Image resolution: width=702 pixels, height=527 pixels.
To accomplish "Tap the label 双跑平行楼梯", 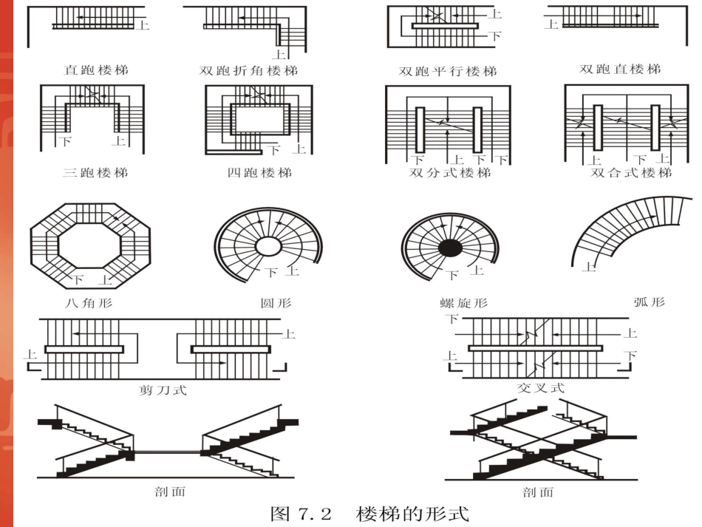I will coord(448,72).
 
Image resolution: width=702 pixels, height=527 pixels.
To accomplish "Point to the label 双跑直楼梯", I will coord(620,69).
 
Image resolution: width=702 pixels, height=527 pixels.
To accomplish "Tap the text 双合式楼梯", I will coord(631,172).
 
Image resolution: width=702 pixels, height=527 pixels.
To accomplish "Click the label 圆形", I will coord(266,302).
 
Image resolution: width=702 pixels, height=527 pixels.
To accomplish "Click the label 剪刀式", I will coord(163,389).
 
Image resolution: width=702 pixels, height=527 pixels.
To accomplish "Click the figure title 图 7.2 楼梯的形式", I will coord(369,513).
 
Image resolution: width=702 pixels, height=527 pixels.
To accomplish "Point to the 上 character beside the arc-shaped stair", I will coord(589,267).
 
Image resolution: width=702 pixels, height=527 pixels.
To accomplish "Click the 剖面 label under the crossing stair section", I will coord(536,492).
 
